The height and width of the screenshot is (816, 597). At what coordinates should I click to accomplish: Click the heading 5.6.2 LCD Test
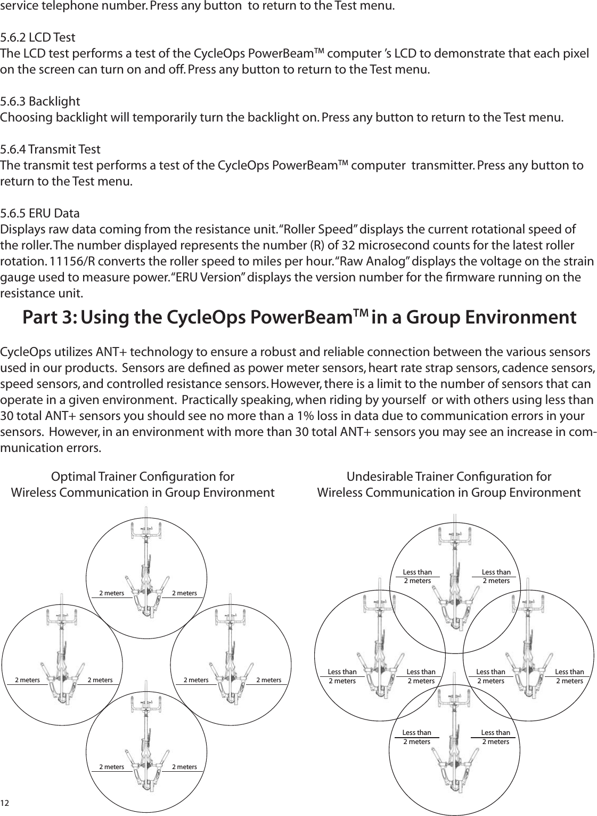(38, 38)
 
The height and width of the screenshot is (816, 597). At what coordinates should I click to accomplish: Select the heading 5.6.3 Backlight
(40, 101)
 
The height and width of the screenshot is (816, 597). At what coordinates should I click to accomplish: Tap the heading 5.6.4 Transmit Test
(50, 148)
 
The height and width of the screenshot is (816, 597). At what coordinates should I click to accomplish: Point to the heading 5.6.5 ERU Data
(40, 214)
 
